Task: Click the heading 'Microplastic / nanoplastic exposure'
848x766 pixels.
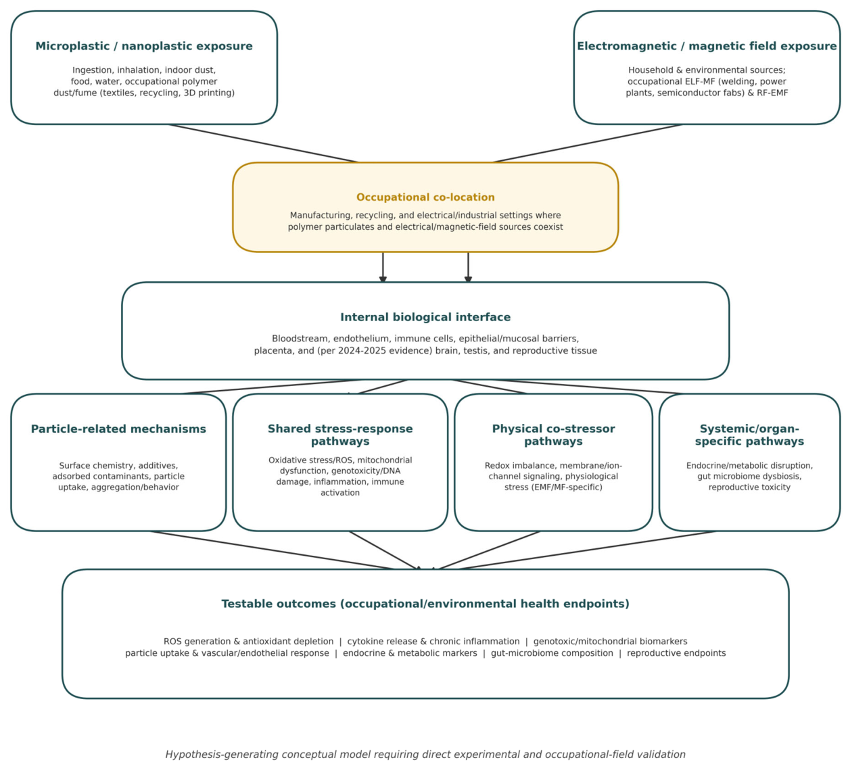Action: (x=144, y=46)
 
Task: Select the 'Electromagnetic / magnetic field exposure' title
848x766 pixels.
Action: (x=707, y=46)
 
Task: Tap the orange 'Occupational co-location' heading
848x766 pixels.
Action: (x=425, y=197)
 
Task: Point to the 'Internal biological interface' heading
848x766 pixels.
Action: (x=425, y=317)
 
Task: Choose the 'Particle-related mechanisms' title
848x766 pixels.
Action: (x=118, y=429)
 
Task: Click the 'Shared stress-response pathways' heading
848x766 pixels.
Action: (x=340, y=435)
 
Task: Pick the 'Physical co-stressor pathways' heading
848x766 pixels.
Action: (x=553, y=435)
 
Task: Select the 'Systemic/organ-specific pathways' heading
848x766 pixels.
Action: (x=749, y=435)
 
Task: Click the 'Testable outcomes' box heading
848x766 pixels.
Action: (x=425, y=604)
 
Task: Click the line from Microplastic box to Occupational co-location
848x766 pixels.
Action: (x=263, y=143)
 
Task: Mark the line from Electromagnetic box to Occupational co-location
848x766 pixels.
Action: (x=588, y=143)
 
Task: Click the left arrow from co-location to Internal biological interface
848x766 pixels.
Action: (x=383, y=267)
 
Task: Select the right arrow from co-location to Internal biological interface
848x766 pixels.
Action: (x=468, y=267)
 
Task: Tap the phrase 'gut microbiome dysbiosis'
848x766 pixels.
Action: (x=749, y=477)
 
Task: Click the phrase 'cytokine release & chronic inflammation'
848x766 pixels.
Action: (x=433, y=642)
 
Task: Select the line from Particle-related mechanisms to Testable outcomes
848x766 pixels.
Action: (x=273, y=550)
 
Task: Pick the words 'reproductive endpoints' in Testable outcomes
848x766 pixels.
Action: (x=676, y=654)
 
